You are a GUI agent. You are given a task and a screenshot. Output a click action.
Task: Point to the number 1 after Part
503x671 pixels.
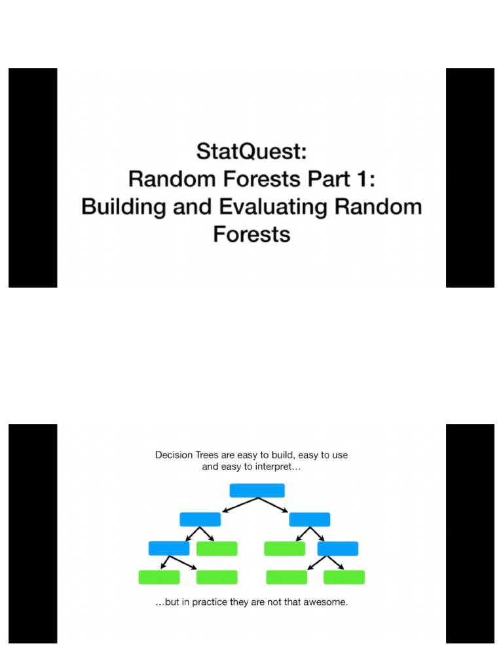coord(360,179)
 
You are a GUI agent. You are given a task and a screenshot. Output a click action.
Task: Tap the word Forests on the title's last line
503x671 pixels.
coord(251,234)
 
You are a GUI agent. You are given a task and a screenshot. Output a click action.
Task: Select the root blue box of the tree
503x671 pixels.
coord(257,491)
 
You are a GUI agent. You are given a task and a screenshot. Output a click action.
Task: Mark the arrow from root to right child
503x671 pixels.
coord(274,505)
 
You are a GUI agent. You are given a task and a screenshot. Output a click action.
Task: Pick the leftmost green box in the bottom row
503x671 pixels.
coord(158,577)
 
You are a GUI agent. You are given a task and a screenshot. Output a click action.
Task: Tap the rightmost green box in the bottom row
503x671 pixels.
coord(344,577)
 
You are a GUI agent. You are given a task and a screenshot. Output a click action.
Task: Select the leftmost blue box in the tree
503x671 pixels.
coord(168,548)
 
